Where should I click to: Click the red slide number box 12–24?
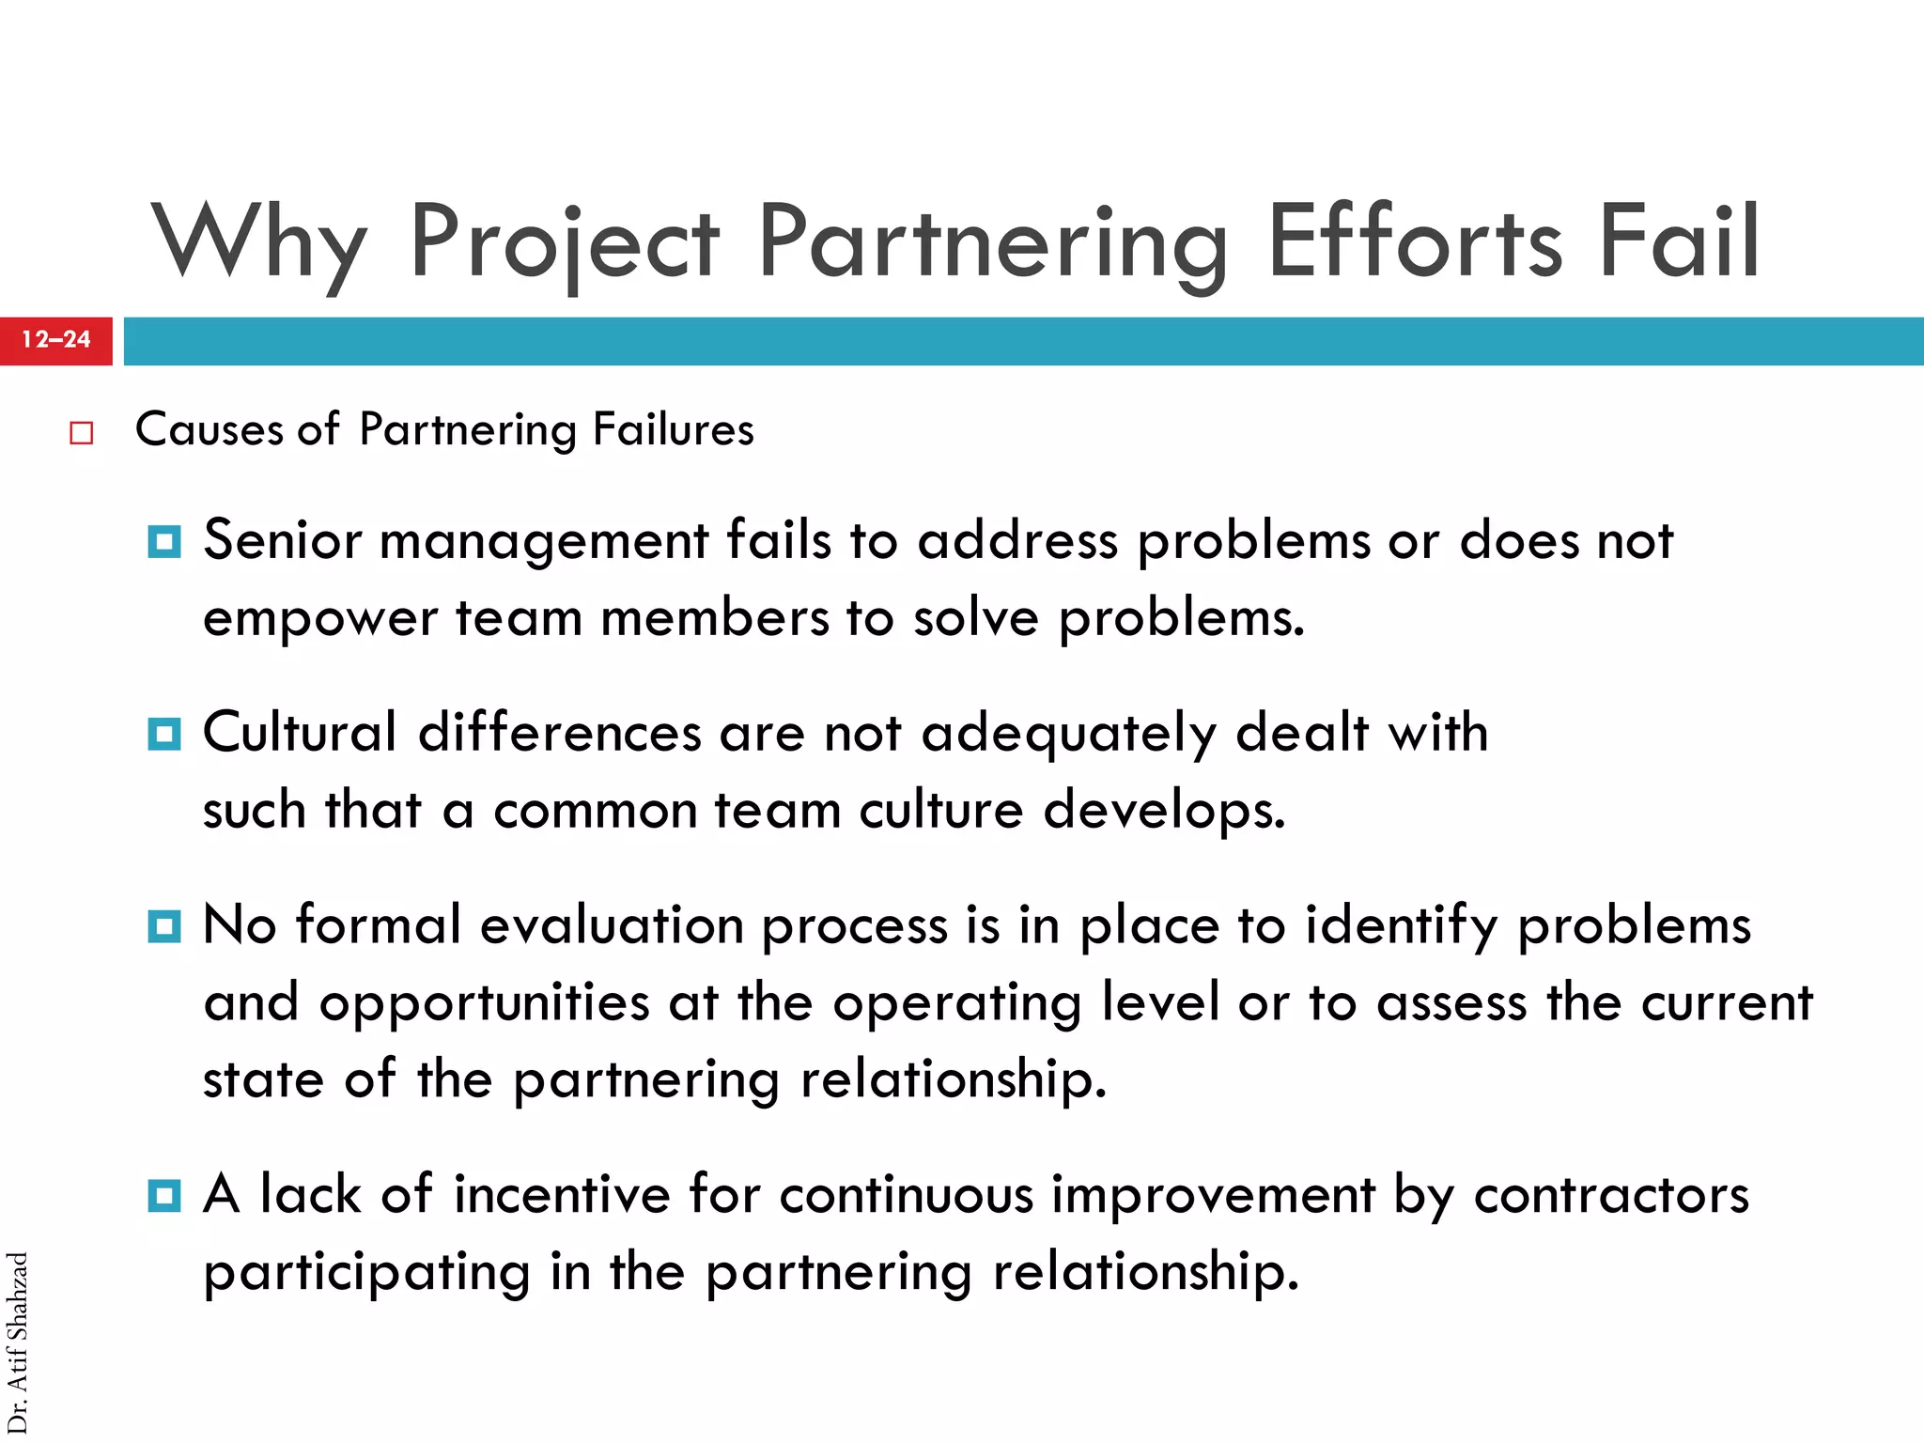[56, 340]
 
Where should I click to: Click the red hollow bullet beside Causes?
[82, 433]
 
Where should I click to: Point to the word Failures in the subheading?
[673, 430]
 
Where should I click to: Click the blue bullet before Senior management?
[164, 542]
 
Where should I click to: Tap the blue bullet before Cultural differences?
[164, 734]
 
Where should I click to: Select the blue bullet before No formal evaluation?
[164, 927]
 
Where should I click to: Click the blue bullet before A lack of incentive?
[164, 1196]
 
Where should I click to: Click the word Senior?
[283, 541]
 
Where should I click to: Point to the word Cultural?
[301, 733]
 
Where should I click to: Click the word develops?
[1164, 812]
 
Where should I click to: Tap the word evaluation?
[612, 926]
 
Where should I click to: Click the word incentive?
[562, 1195]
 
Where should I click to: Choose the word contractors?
[1611, 1195]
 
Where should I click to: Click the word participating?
[367, 1274]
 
